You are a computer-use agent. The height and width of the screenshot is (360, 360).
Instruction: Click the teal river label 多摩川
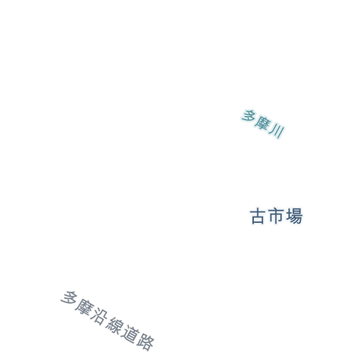click(x=263, y=124)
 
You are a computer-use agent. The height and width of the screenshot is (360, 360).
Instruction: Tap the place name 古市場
click(x=276, y=216)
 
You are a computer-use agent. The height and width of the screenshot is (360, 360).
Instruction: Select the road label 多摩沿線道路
click(x=108, y=321)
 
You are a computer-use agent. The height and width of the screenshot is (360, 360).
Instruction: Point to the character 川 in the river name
click(x=277, y=131)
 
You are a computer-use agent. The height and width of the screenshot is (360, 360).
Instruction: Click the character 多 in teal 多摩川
click(x=248, y=115)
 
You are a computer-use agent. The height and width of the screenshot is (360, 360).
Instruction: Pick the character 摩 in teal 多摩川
click(x=263, y=123)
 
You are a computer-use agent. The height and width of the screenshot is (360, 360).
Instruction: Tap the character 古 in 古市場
click(x=258, y=217)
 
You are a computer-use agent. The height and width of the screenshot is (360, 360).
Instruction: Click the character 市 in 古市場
click(x=276, y=216)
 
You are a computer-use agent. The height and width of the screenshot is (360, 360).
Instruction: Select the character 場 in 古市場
click(x=295, y=216)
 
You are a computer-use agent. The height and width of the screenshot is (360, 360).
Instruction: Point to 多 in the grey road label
click(x=68, y=298)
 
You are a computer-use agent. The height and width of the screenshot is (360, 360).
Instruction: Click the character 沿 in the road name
click(x=99, y=316)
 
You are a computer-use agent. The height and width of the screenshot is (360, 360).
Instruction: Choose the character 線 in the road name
click(x=115, y=326)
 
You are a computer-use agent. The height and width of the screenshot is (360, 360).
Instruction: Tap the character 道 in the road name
click(x=130, y=334)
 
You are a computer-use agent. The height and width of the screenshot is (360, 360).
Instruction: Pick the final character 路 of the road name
click(x=146, y=342)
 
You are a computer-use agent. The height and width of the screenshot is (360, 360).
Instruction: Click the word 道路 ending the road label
click(x=138, y=338)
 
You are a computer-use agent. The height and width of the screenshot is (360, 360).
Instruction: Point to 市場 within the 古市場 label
click(x=285, y=216)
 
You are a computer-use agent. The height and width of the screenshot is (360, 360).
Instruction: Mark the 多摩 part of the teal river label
click(x=256, y=120)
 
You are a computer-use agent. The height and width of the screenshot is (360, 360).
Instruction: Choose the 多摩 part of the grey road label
click(x=77, y=302)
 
